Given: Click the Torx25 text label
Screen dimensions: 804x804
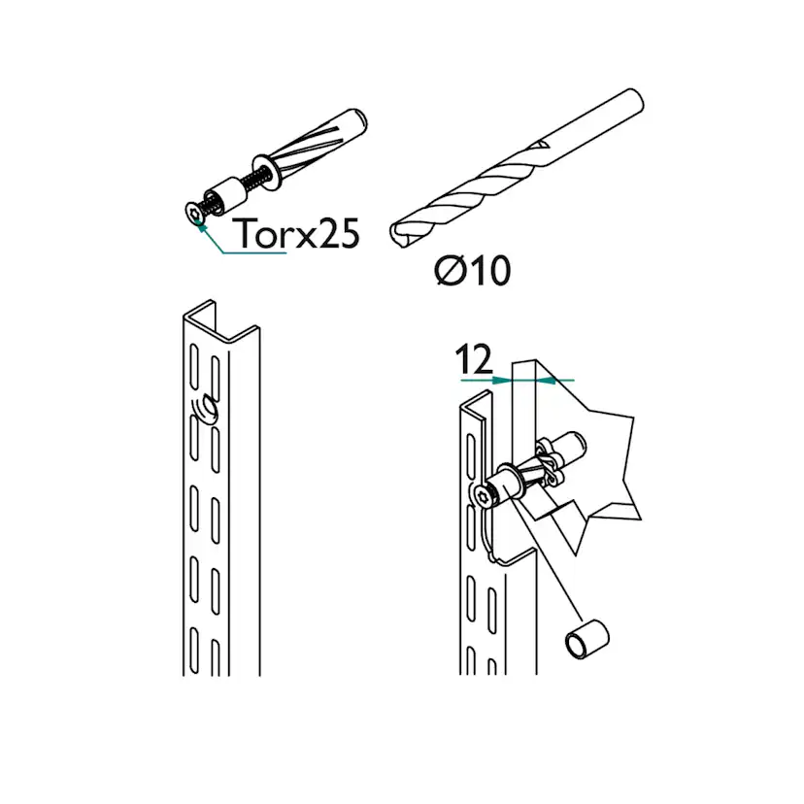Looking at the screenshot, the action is [x=298, y=234].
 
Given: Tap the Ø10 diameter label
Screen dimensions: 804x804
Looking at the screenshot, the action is [x=472, y=270].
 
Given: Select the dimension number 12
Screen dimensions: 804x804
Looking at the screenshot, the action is [x=474, y=359].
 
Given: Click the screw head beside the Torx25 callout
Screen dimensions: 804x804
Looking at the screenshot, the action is [x=194, y=213].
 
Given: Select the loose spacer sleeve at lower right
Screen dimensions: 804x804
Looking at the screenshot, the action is [x=587, y=639].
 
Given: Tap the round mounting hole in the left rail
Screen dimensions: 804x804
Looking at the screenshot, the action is [x=209, y=407].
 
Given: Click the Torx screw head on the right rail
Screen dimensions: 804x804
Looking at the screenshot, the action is [x=482, y=496].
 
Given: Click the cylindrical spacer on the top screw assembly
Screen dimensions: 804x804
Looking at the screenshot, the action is [x=226, y=194].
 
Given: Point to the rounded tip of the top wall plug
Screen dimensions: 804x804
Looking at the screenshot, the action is [x=360, y=119].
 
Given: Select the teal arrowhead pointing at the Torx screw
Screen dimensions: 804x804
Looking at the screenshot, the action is [x=201, y=226].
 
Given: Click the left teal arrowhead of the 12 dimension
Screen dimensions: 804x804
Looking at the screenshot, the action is [x=501, y=380].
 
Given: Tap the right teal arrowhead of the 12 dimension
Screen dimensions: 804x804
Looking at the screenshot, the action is [x=546, y=380].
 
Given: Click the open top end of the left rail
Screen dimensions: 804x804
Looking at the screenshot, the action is [x=220, y=321].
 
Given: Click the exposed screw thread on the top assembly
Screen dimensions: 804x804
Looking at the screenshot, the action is [x=258, y=179].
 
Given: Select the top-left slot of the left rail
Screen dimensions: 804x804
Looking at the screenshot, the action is [x=194, y=366].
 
